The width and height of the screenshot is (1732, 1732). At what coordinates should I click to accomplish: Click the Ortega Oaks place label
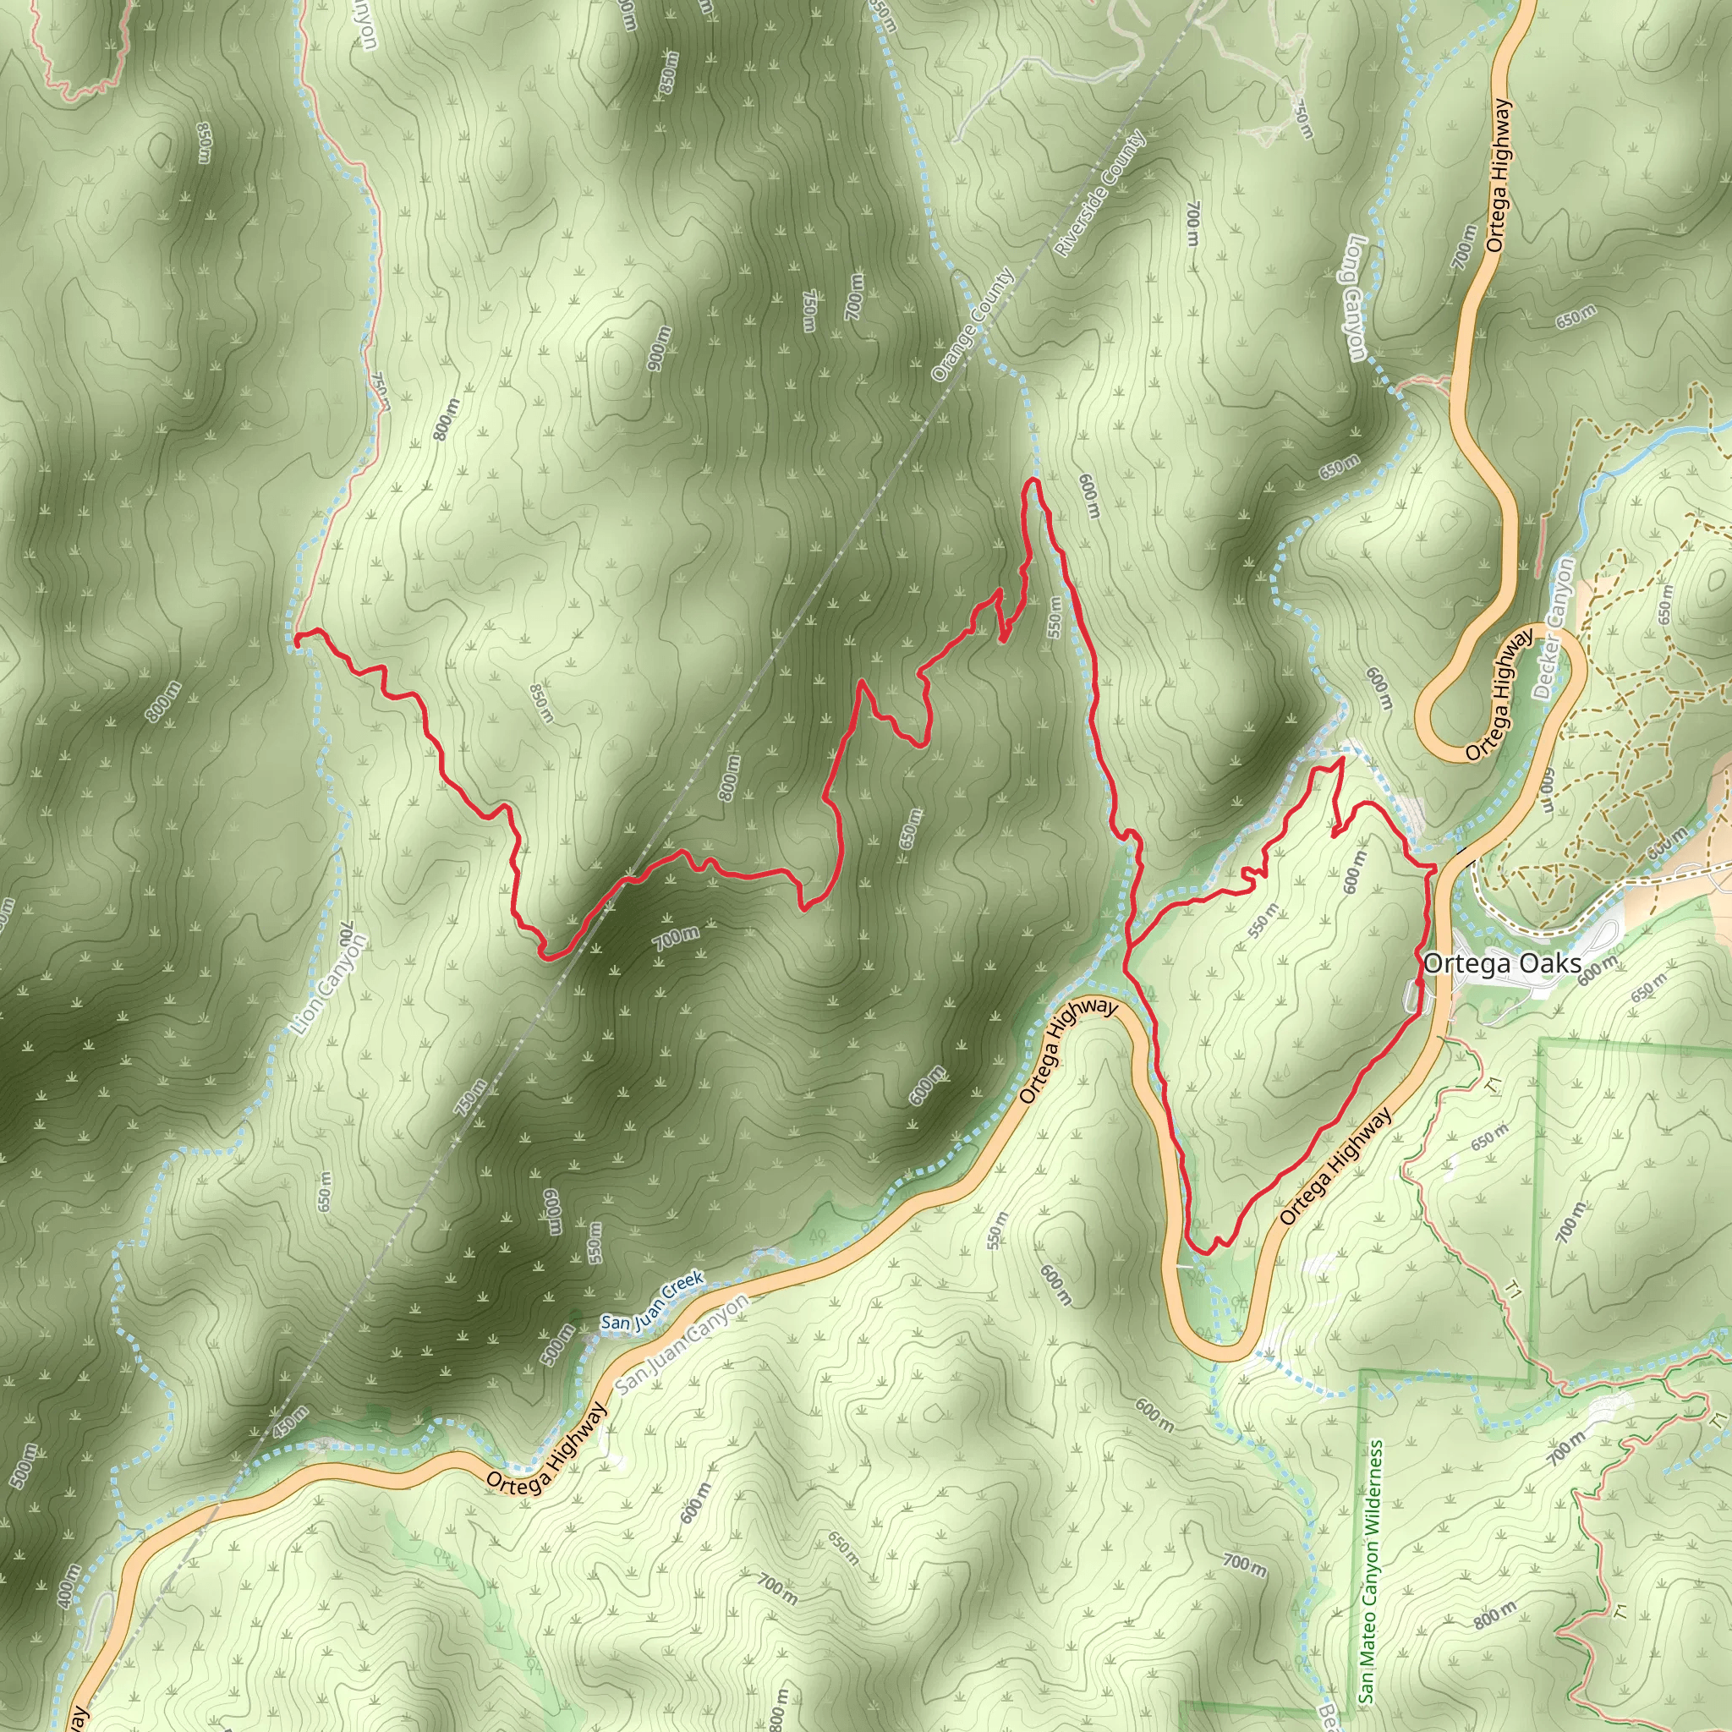pos(1502,965)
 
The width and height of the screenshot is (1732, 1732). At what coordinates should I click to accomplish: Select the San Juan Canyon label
pos(682,1345)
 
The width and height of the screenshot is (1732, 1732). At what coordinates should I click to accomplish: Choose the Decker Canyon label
pos(1554,628)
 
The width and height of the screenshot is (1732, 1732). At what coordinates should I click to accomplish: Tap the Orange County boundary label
pos(972,325)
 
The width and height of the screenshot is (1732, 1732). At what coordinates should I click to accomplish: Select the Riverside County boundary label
pos(1099,194)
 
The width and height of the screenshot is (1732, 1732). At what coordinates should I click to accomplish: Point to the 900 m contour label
pos(658,346)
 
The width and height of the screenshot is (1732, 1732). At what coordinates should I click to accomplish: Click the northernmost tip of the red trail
pos(1032,481)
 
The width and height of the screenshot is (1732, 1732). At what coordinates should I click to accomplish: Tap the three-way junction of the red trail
pos(1129,943)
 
